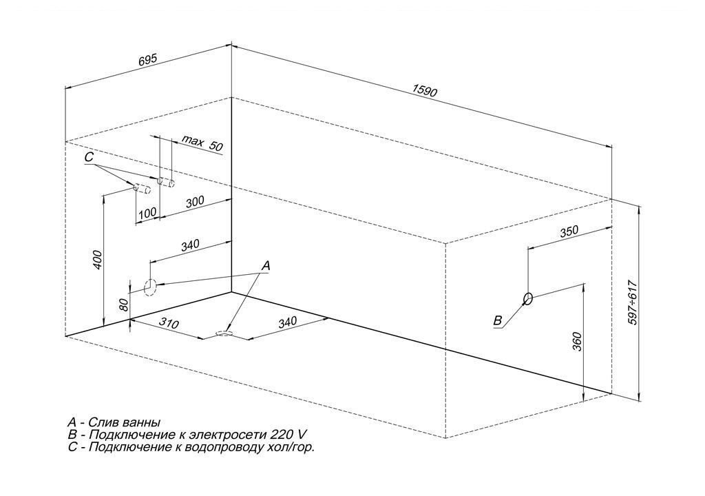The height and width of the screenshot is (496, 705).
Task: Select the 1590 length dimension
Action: click(x=425, y=91)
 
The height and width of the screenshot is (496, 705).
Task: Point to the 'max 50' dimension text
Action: click(x=202, y=143)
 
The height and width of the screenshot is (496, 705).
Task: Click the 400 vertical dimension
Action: click(x=98, y=260)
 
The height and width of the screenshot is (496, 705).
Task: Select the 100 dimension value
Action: click(x=147, y=212)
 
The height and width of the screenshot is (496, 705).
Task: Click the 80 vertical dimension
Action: click(x=125, y=305)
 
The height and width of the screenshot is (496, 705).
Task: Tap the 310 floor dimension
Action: click(x=169, y=322)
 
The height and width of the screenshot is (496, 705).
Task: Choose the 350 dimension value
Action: click(x=569, y=231)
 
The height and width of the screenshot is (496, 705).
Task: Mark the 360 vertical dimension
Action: click(x=578, y=342)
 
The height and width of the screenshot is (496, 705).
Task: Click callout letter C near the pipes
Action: click(x=89, y=157)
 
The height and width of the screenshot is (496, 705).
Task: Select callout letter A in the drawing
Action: click(x=266, y=265)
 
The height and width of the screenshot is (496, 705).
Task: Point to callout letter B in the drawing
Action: click(x=497, y=320)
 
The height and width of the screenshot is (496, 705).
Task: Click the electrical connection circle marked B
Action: click(x=528, y=298)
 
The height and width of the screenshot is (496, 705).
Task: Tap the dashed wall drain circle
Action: click(x=150, y=287)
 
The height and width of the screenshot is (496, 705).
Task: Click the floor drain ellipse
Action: click(x=224, y=333)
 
